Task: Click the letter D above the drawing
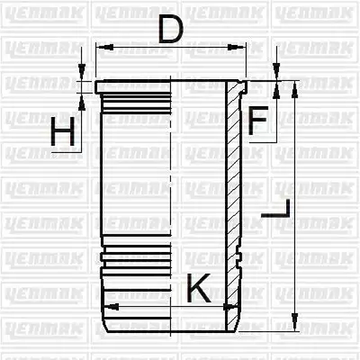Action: (x=170, y=30)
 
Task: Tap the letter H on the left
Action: (x=63, y=132)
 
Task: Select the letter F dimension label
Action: (x=257, y=121)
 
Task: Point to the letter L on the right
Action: (x=277, y=208)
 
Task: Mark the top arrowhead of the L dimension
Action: (x=295, y=86)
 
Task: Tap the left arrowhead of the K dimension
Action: (x=108, y=307)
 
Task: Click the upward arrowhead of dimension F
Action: (x=276, y=90)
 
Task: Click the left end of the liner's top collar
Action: (x=97, y=86)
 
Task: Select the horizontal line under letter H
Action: (x=66, y=152)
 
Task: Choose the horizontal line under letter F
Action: (x=263, y=143)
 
